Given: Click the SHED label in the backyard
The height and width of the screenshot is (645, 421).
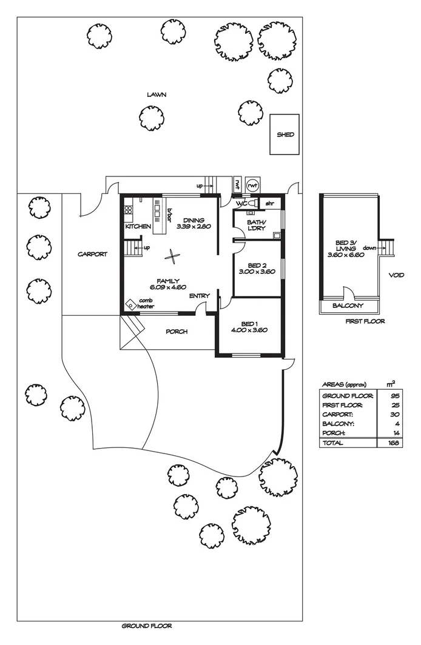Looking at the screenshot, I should [285, 135].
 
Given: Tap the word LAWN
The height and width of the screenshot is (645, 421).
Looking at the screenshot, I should [156, 95].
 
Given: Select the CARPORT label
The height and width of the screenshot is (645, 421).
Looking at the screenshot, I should [92, 255].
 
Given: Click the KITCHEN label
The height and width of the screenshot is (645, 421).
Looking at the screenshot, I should [138, 226].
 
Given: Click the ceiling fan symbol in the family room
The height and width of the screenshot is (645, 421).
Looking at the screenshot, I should [173, 257].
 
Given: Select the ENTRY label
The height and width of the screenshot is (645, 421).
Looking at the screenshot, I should [199, 296].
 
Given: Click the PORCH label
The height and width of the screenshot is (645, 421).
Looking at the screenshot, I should [176, 332].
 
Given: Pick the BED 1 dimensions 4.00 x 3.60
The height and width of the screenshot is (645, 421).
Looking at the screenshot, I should [250, 330].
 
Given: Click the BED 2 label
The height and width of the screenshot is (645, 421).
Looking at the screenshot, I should [258, 265].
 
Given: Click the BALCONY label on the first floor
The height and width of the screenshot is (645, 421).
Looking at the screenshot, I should [349, 306].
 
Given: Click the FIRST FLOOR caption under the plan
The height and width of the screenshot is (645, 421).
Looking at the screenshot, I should [365, 321].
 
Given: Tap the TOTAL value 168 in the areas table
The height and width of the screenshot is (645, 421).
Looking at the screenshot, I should [391, 443].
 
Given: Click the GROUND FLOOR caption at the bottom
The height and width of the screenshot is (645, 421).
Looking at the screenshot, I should [142, 626].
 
